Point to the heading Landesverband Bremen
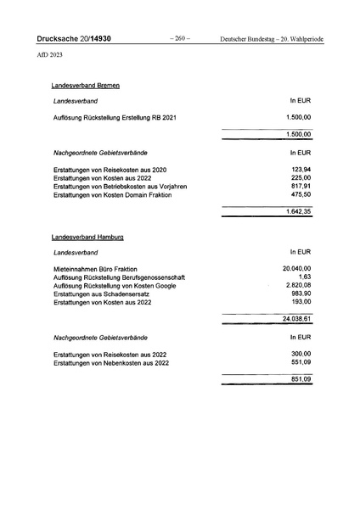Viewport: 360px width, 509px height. (85, 87)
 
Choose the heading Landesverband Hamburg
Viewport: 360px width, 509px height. (87, 237)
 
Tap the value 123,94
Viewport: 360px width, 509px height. (301, 170)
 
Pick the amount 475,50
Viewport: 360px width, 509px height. (301, 196)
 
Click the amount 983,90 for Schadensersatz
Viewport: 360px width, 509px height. (301, 294)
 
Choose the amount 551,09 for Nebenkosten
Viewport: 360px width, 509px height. (301, 362)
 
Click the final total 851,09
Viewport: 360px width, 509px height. (301, 378)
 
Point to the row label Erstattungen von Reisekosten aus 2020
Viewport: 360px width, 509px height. (110, 171)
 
